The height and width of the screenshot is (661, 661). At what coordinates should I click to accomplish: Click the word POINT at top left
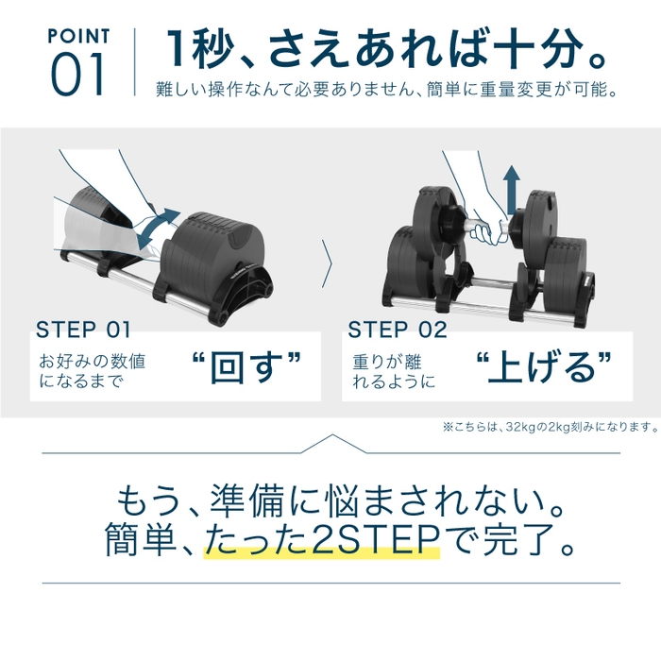[x=78, y=37]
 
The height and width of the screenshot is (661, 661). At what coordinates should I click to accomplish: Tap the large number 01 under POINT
[x=78, y=76]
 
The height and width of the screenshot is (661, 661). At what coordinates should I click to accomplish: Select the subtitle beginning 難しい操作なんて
[x=387, y=92]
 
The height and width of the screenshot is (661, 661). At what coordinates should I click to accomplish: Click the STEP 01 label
[x=83, y=330]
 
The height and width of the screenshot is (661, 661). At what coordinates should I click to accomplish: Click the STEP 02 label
[x=397, y=330]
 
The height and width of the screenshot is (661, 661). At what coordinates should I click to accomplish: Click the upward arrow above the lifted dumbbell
[x=511, y=188]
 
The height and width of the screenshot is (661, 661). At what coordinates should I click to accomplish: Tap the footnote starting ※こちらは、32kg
[x=549, y=427]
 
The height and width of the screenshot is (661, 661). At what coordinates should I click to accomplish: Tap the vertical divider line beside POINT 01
[x=135, y=63]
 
